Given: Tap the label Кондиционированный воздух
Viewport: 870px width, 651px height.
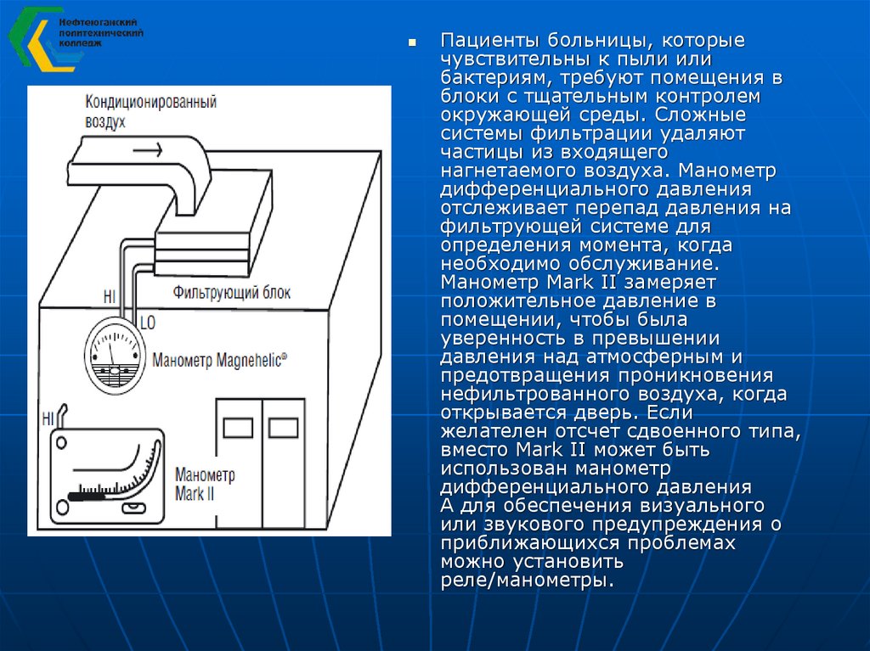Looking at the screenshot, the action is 150,111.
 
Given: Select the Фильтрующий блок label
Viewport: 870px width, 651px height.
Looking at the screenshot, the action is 231,294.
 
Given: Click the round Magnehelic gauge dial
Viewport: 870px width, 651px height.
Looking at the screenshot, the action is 115,358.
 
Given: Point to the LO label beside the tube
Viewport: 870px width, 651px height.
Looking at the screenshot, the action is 147,323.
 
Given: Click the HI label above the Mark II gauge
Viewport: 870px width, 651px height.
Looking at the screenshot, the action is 48,419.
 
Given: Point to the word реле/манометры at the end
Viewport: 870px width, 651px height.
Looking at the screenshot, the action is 525,581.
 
